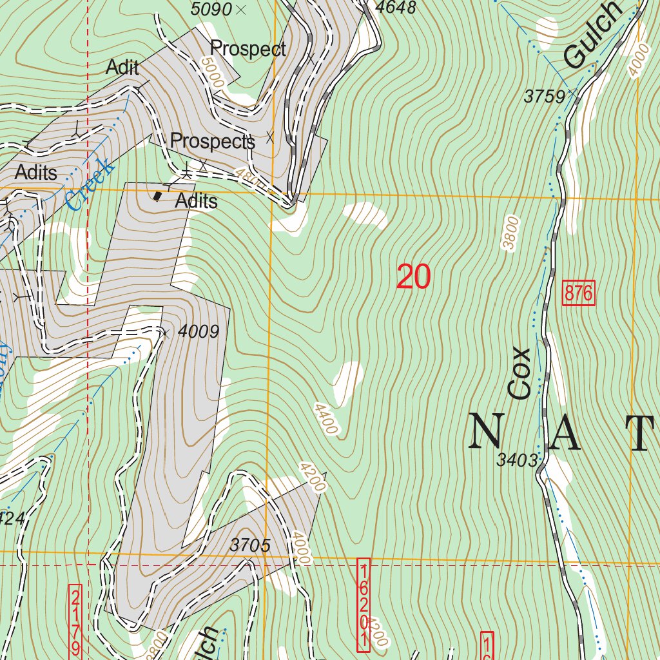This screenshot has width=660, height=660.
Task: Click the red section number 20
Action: click(413, 277)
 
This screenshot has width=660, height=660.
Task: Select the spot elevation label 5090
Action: click(211, 10)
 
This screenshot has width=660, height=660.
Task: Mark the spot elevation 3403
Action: click(516, 460)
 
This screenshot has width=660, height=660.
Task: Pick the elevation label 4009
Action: click(198, 332)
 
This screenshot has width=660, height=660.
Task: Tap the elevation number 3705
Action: click(249, 545)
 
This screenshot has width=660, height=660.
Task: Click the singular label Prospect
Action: click(248, 49)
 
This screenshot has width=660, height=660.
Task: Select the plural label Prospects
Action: click(212, 141)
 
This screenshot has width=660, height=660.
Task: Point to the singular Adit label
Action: click(122, 67)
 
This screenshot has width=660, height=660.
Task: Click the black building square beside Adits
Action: click(158, 196)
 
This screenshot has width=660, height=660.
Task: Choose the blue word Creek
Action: click(91, 184)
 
